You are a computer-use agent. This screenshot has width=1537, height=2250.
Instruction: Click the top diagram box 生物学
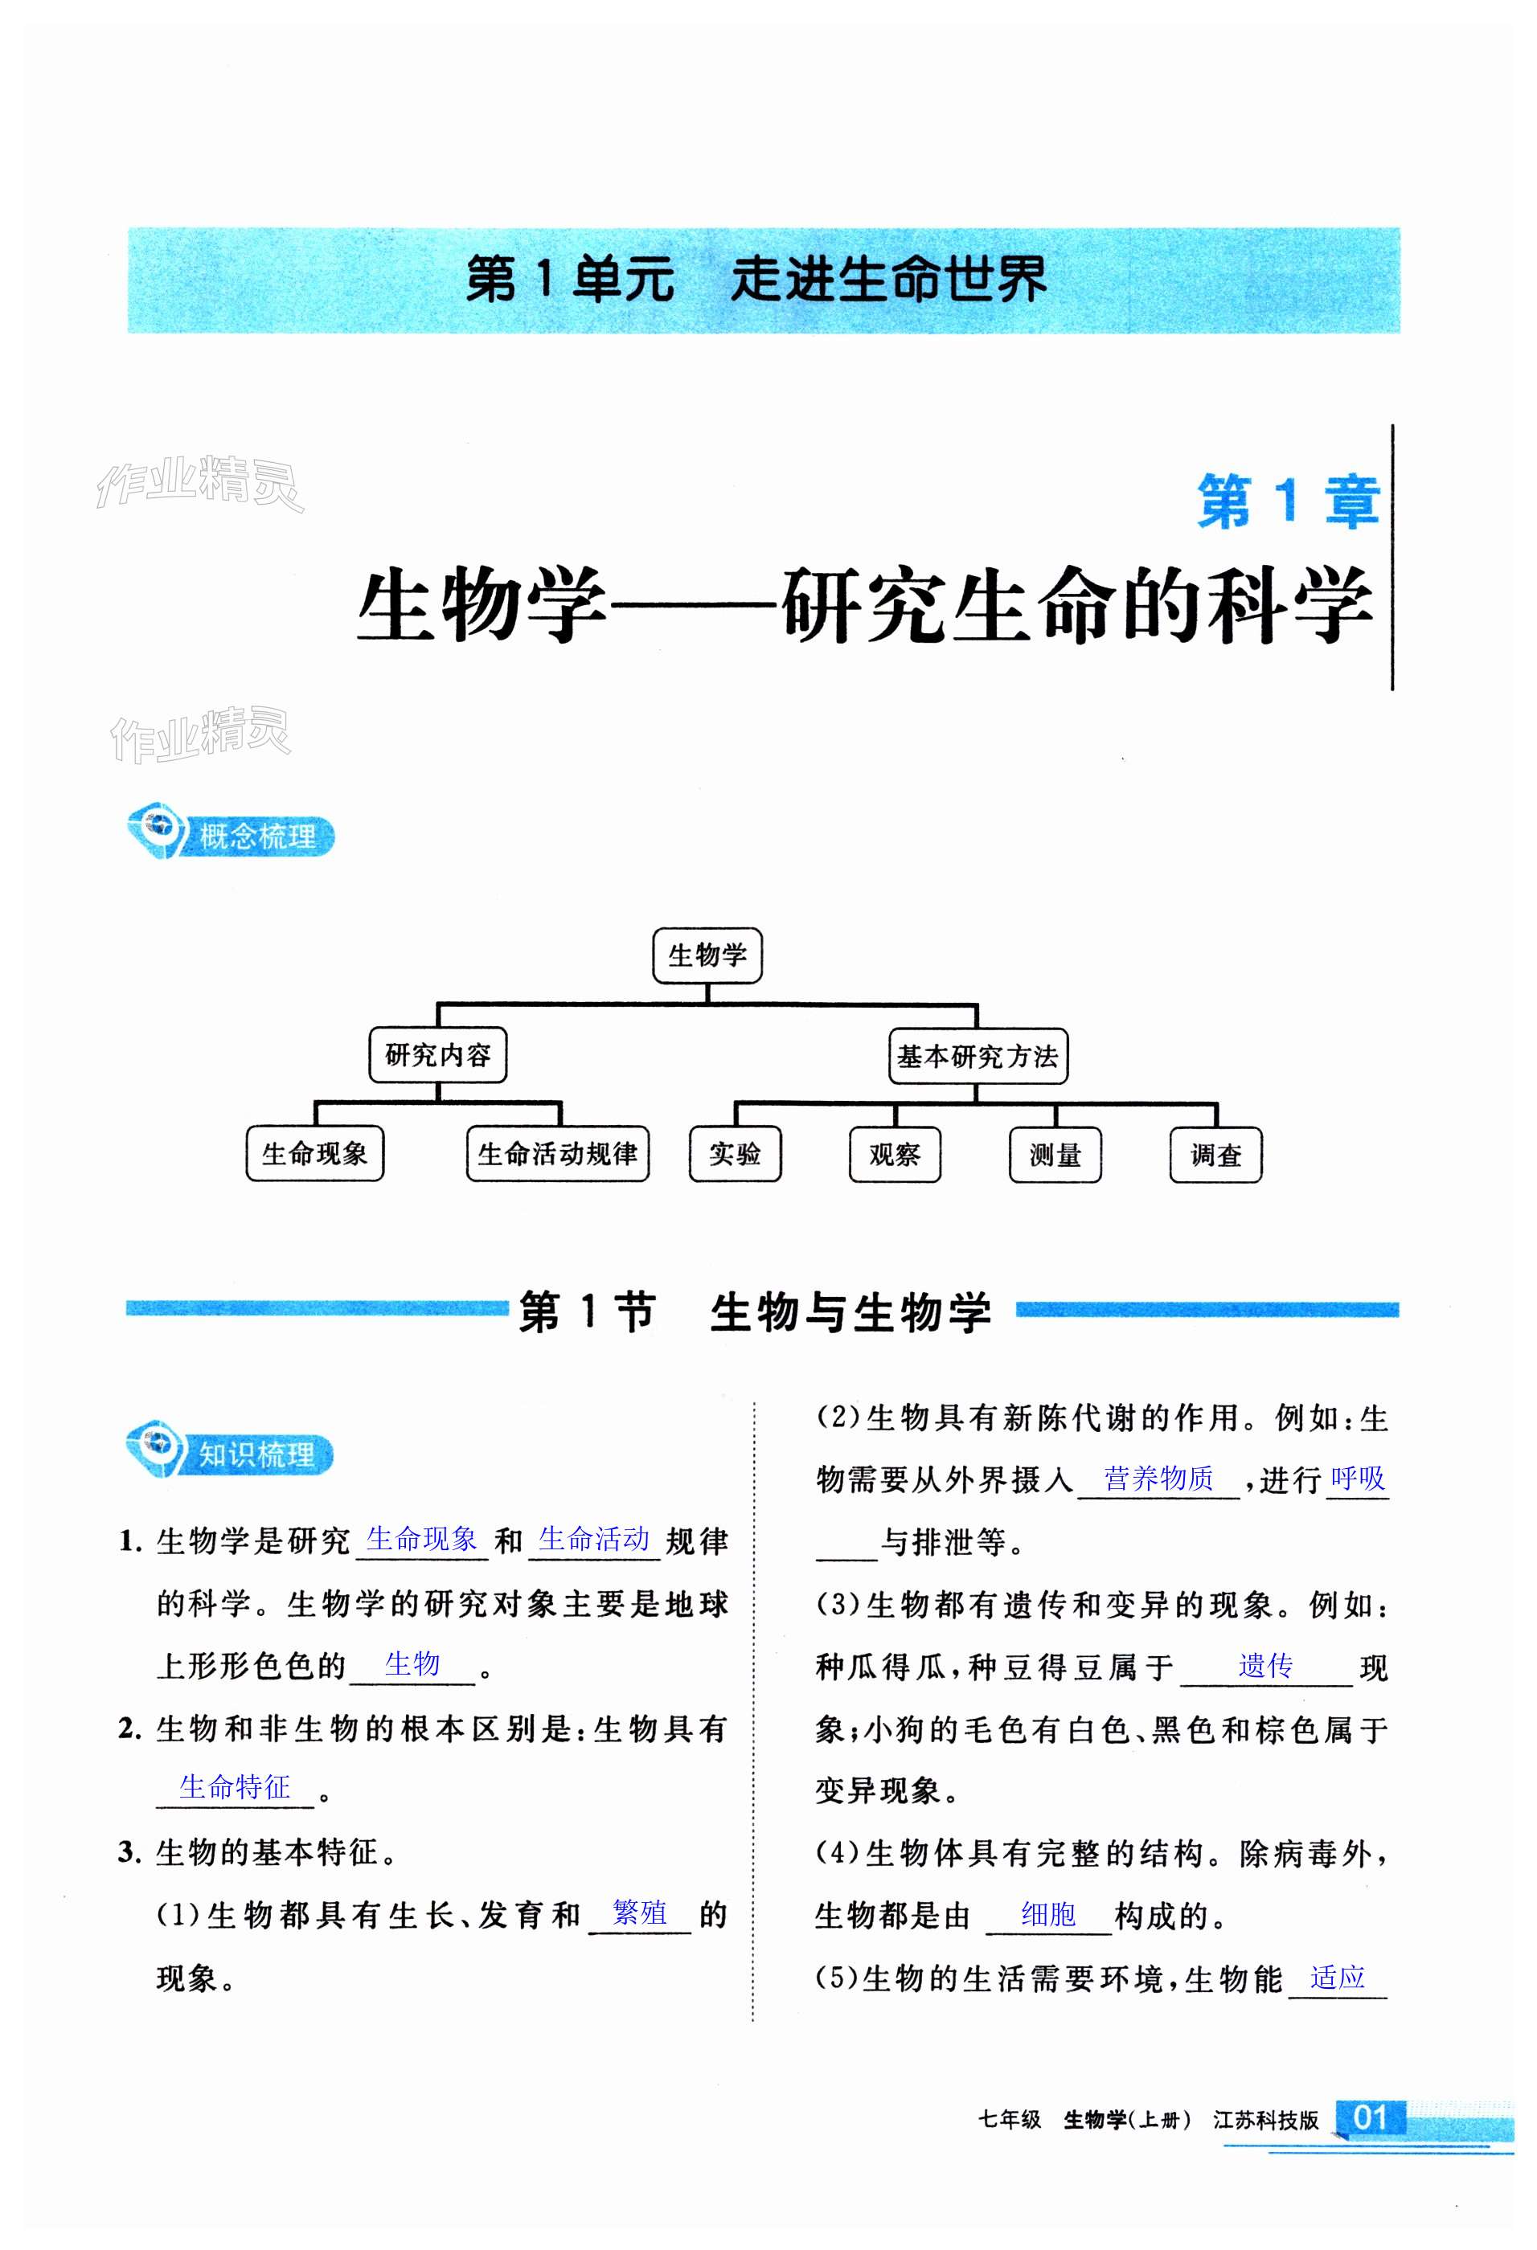(707, 955)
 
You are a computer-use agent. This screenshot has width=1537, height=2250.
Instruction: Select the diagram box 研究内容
(438, 1054)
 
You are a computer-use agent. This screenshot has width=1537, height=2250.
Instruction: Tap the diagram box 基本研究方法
(978, 1056)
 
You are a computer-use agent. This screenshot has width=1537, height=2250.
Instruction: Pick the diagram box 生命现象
(315, 1153)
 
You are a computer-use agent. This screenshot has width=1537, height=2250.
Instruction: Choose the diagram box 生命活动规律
(557, 1153)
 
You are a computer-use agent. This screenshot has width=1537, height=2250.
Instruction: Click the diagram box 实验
(735, 1154)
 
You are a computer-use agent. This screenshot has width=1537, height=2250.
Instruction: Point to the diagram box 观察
(895, 1155)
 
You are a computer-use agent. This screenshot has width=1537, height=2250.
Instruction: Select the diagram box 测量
(1055, 1155)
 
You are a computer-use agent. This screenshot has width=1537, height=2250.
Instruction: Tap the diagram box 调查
(1215, 1155)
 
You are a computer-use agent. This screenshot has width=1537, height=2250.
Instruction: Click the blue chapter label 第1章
(1287, 501)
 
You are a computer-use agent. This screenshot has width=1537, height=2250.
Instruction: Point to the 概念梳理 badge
(232, 836)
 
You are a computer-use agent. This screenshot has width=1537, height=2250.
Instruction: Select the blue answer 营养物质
(1158, 1479)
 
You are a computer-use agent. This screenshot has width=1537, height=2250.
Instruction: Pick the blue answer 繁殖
(639, 1912)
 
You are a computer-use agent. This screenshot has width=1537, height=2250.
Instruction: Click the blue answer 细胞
(1048, 1914)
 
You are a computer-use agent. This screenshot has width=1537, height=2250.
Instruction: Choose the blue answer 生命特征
(235, 1787)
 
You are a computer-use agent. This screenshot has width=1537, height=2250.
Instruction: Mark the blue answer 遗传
(1264, 1665)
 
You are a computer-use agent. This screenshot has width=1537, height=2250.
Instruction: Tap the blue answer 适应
(1337, 1977)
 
